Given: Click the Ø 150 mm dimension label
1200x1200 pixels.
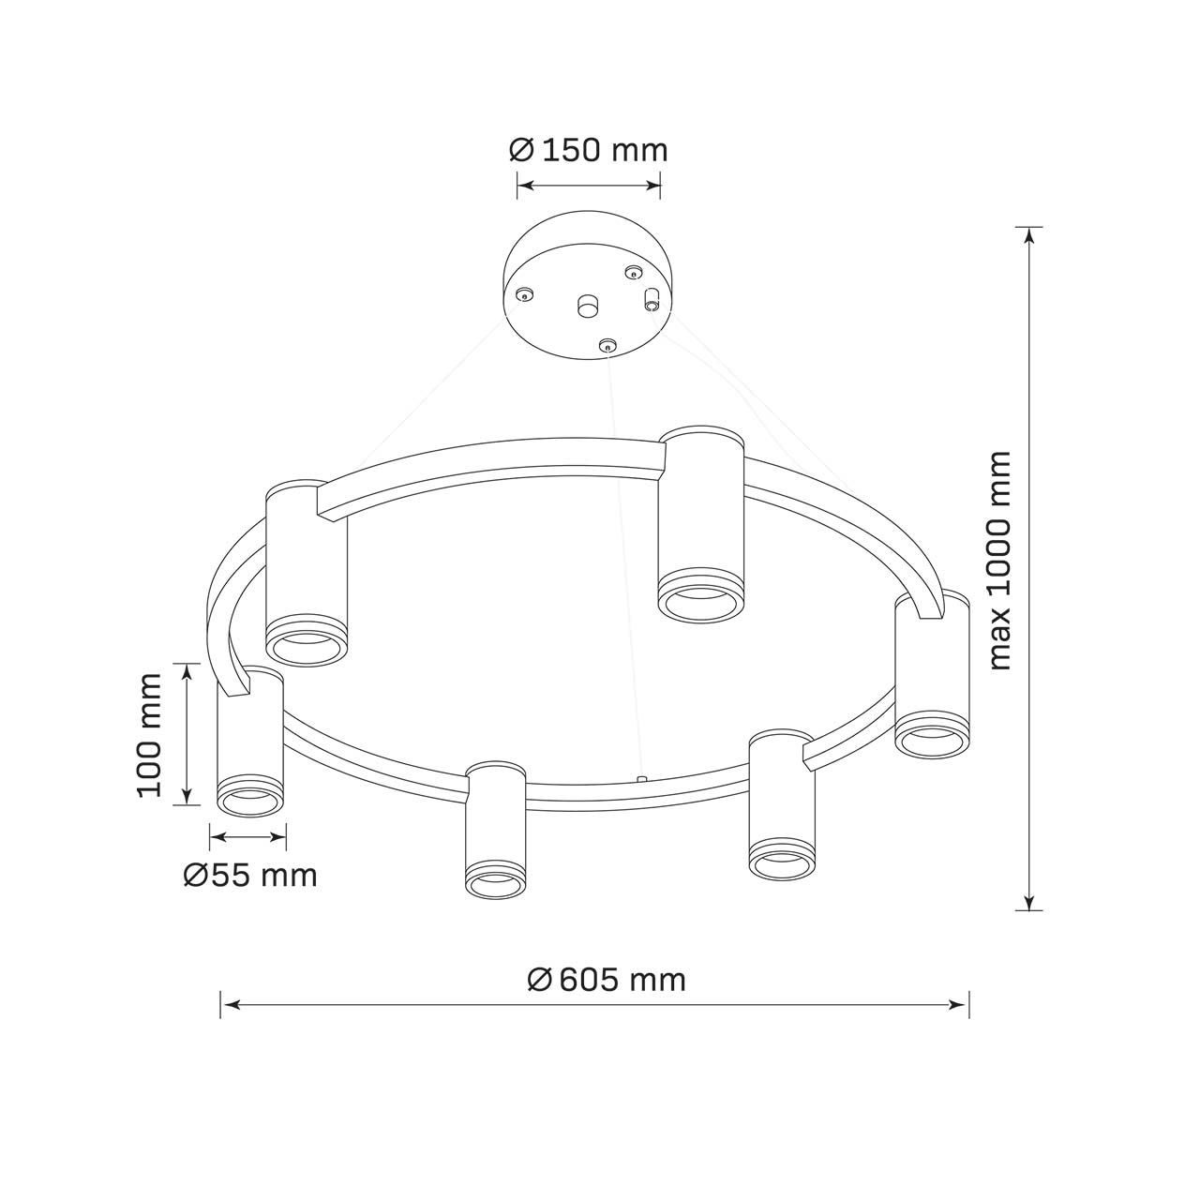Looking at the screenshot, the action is (x=589, y=151).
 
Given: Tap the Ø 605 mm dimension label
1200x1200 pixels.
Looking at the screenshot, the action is (x=606, y=981).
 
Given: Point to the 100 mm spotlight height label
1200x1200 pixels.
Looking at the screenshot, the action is (x=149, y=735).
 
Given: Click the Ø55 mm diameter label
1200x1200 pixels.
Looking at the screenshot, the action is (x=250, y=876).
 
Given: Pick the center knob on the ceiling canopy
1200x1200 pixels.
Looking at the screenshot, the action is (x=587, y=305).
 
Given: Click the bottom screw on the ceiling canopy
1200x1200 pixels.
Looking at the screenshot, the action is (x=607, y=344).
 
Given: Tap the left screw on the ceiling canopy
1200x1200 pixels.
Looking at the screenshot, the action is (x=524, y=294).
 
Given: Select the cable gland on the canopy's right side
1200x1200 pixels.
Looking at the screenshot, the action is (x=652, y=298).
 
